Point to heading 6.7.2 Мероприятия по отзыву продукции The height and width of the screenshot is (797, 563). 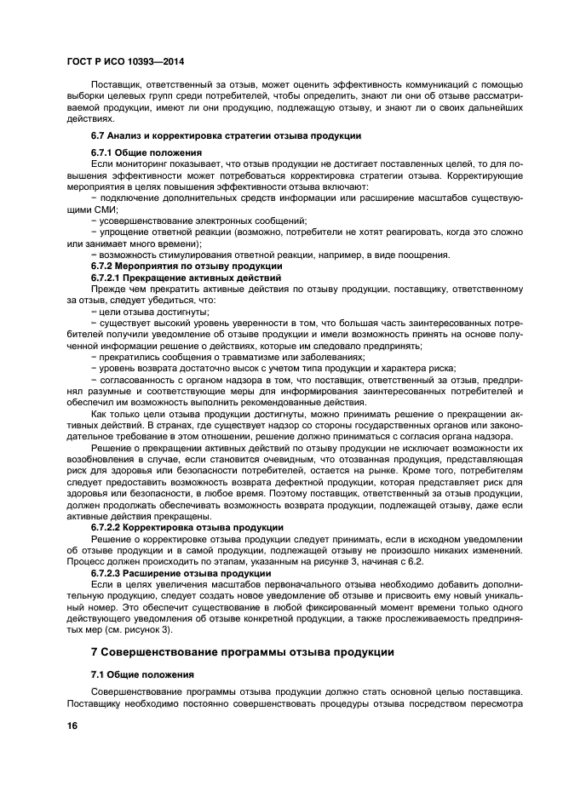[187, 267]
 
